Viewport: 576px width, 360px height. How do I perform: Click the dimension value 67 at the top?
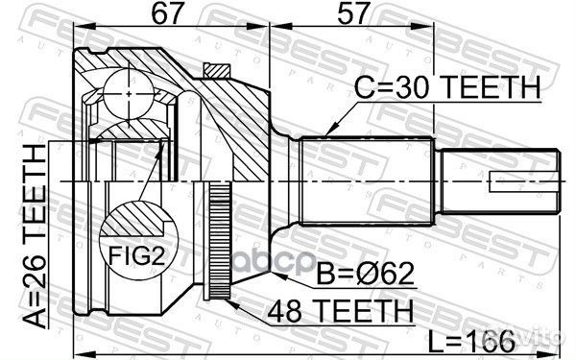(x=145, y=15)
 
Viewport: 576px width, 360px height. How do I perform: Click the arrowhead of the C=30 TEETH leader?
(x=328, y=130)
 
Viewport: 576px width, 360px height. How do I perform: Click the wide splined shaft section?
(x=370, y=182)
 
